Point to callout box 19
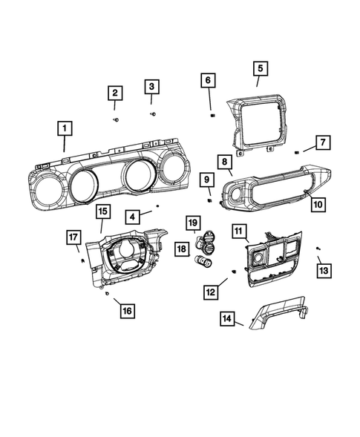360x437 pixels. click(x=192, y=223)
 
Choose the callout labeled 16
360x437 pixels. click(x=127, y=311)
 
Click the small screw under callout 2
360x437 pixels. click(x=116, y=119)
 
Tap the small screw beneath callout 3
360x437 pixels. click(x=153, y=114)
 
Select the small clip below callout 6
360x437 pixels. click(x=212, y=114)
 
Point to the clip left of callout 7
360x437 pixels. click(x=296, y=151)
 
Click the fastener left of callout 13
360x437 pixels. click(x=318, y=247)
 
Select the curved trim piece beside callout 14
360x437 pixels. click(x=278, y=315)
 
